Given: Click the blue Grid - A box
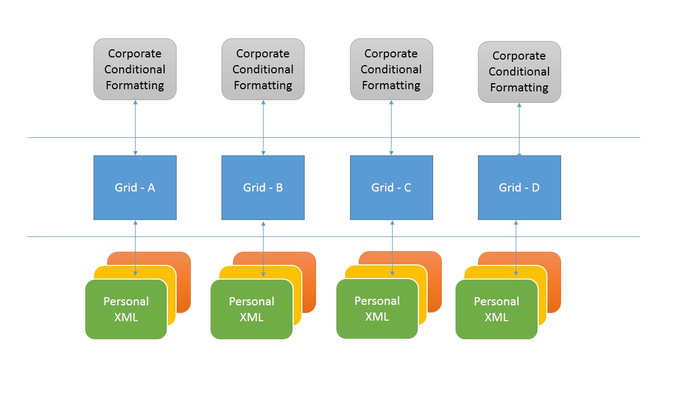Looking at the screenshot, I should pos(135,188).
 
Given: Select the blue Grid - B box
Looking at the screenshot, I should pos(263,188).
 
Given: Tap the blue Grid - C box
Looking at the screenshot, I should pos(391,188).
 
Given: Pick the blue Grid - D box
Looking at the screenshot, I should pos(519,188).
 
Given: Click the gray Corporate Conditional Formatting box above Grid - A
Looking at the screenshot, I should pos(135,69).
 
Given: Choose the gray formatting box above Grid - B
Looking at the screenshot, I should pos(263,69).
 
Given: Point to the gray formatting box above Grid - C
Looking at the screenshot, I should pos(391,69).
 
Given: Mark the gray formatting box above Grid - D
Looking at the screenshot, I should pos(519,72).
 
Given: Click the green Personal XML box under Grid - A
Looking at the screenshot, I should pos(126,309).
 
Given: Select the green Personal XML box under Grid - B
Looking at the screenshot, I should pos(252,309).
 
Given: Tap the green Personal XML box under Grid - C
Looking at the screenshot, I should pos(377,309).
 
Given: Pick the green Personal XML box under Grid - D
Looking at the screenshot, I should pos(496,309).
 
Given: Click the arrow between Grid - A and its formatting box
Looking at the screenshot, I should pos(135,128).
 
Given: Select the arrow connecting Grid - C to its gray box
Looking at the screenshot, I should pos(391,128).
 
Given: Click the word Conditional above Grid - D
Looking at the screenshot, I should pos(519,72).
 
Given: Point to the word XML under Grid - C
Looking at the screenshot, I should pos(377,316).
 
